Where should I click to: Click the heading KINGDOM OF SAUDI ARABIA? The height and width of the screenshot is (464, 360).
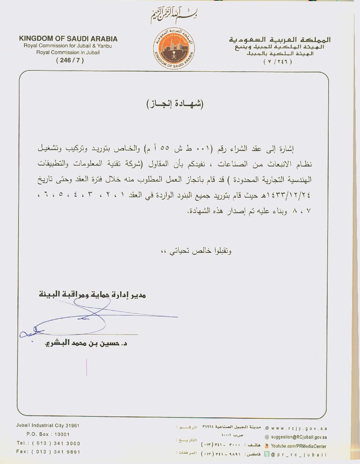(x=68, y=39)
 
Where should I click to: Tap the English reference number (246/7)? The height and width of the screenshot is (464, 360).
(x=70, y=60)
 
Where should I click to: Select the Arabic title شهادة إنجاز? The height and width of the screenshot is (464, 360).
(x=175, y=104)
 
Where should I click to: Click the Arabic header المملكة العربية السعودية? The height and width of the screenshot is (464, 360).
(x=280, y=40)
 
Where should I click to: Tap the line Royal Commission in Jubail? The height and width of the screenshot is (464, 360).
(x=68, y=52)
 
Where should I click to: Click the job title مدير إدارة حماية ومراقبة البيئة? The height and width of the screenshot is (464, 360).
(x=92, y=294)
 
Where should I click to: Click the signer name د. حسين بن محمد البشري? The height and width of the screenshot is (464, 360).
(x=86, y=343)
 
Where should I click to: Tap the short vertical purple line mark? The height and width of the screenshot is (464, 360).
(x=87, y=367)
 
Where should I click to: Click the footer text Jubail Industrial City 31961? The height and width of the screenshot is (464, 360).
(x=48, y=426)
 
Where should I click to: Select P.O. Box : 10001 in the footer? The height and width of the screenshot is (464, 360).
(x=48, y=434)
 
